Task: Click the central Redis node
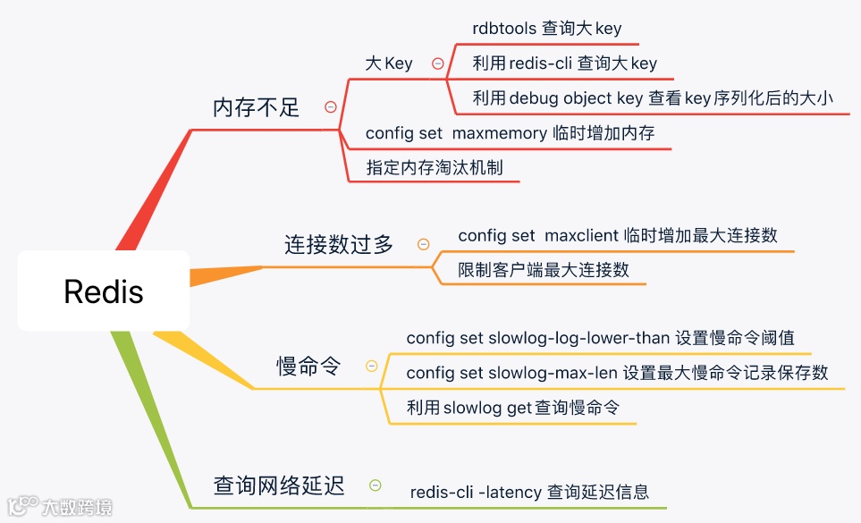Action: coord(104,291)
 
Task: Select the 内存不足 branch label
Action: coord(256,107)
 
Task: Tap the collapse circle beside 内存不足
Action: coord(331,107)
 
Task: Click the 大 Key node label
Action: coord(389,63)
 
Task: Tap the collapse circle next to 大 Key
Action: coord(438,63)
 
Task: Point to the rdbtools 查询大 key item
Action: coord(546,29)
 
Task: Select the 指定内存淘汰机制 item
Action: coord(434,167)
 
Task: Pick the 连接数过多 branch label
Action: coord(339,244)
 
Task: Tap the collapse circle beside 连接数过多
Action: coord(423,244)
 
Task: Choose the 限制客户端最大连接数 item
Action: coord(543,270)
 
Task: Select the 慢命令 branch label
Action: coord(308,366)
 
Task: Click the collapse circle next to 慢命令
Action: coord(372,366)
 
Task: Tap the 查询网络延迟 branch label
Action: coord(279,485)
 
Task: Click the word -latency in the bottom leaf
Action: coord(510,492)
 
